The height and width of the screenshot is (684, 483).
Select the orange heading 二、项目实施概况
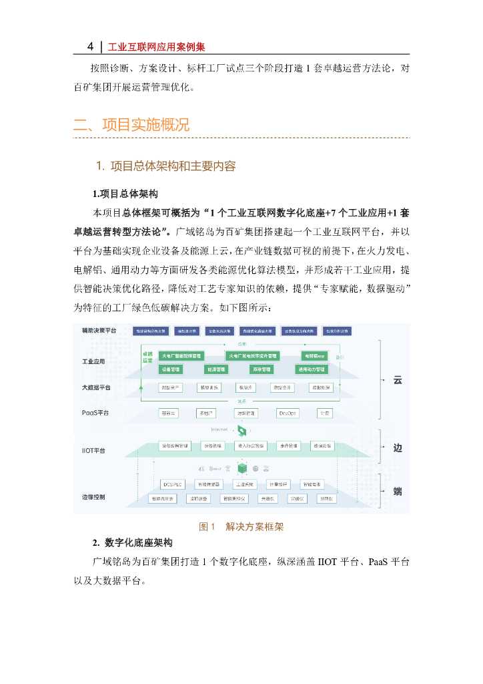[x=131, y=125]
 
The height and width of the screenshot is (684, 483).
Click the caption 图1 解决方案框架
[x=241, y=527]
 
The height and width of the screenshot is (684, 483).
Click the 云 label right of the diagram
[x=398, y=379]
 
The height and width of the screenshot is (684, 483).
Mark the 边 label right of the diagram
[x=398, y=448]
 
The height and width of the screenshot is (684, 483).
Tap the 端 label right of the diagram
[x=398, y=492]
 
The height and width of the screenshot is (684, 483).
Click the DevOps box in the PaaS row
[x=288, y=413]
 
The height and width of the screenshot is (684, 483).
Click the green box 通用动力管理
[x=312, y=369]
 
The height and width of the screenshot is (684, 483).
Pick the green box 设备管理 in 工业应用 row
[x=171, y=369]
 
